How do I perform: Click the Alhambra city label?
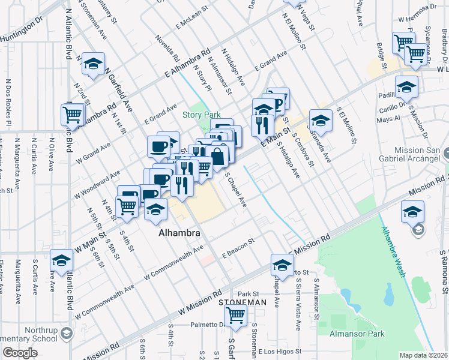(x=179, y=232)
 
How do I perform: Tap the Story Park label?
(x=202, y=115)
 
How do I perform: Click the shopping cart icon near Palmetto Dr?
(x=235, y=316)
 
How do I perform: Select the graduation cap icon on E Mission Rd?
(x=282, y=264)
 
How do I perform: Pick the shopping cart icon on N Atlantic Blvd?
(x=73, y=113)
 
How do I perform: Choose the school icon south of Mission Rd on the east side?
(x=414, y=211)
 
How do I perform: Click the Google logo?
(x=20, y=353)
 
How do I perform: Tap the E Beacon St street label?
(x=238, y=247)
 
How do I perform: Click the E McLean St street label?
(x=191, y=23)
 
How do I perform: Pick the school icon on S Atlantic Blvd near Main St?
(x=61, y=259)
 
